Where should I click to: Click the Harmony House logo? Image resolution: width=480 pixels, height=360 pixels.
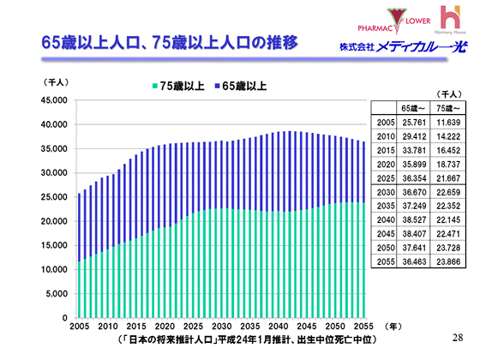tap(450, 19)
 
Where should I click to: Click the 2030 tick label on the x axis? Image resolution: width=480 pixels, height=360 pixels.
tap(221, 327)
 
